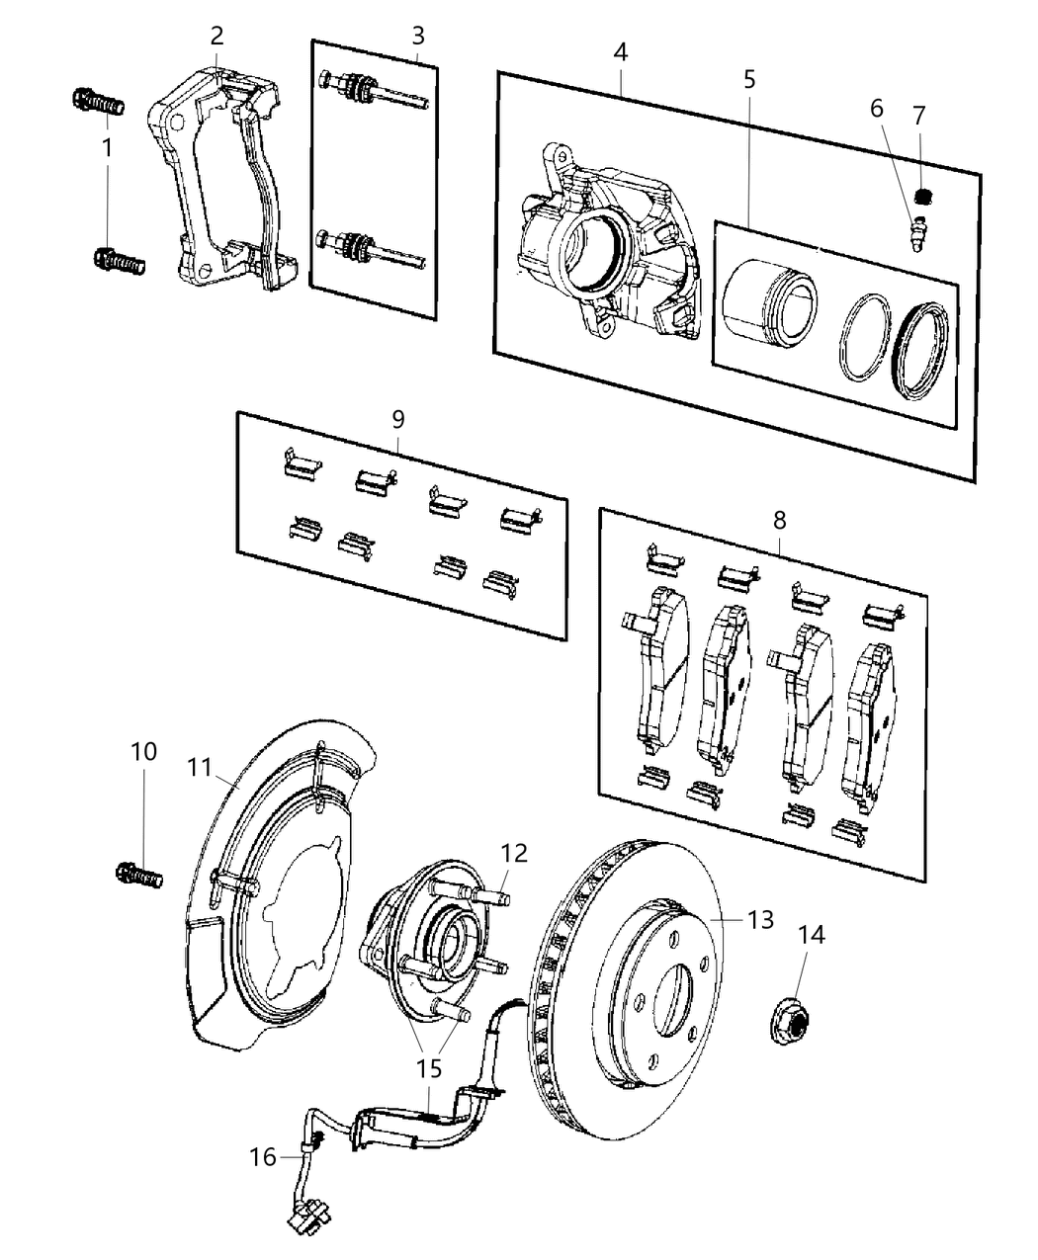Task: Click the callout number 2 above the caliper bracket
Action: pos(216,37)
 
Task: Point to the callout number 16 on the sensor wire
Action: pos(263,1156)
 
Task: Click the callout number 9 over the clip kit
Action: pos(398,419)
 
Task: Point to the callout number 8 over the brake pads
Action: pos(780,519)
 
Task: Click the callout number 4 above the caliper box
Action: pos(620,51)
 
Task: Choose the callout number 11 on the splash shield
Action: pos(201,766)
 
